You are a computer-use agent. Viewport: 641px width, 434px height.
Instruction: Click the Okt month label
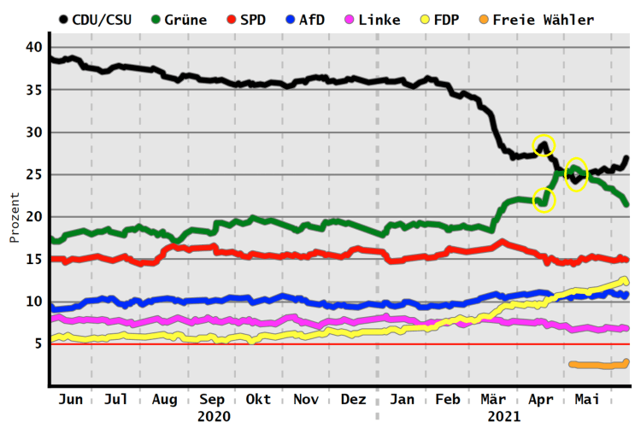point(258,400)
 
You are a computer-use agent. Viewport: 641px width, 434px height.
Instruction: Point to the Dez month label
point(353,400)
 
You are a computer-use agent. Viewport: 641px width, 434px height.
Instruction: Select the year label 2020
point(214,417)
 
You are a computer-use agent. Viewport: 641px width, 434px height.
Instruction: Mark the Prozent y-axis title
point(14,217)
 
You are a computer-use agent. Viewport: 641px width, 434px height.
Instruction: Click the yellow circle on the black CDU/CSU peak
point(544,145)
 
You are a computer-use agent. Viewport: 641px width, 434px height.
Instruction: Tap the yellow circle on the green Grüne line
point(544,201)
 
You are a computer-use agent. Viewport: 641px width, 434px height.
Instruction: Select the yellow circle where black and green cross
point(576,175)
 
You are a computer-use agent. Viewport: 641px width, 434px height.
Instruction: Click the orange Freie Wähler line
point(598,365)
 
